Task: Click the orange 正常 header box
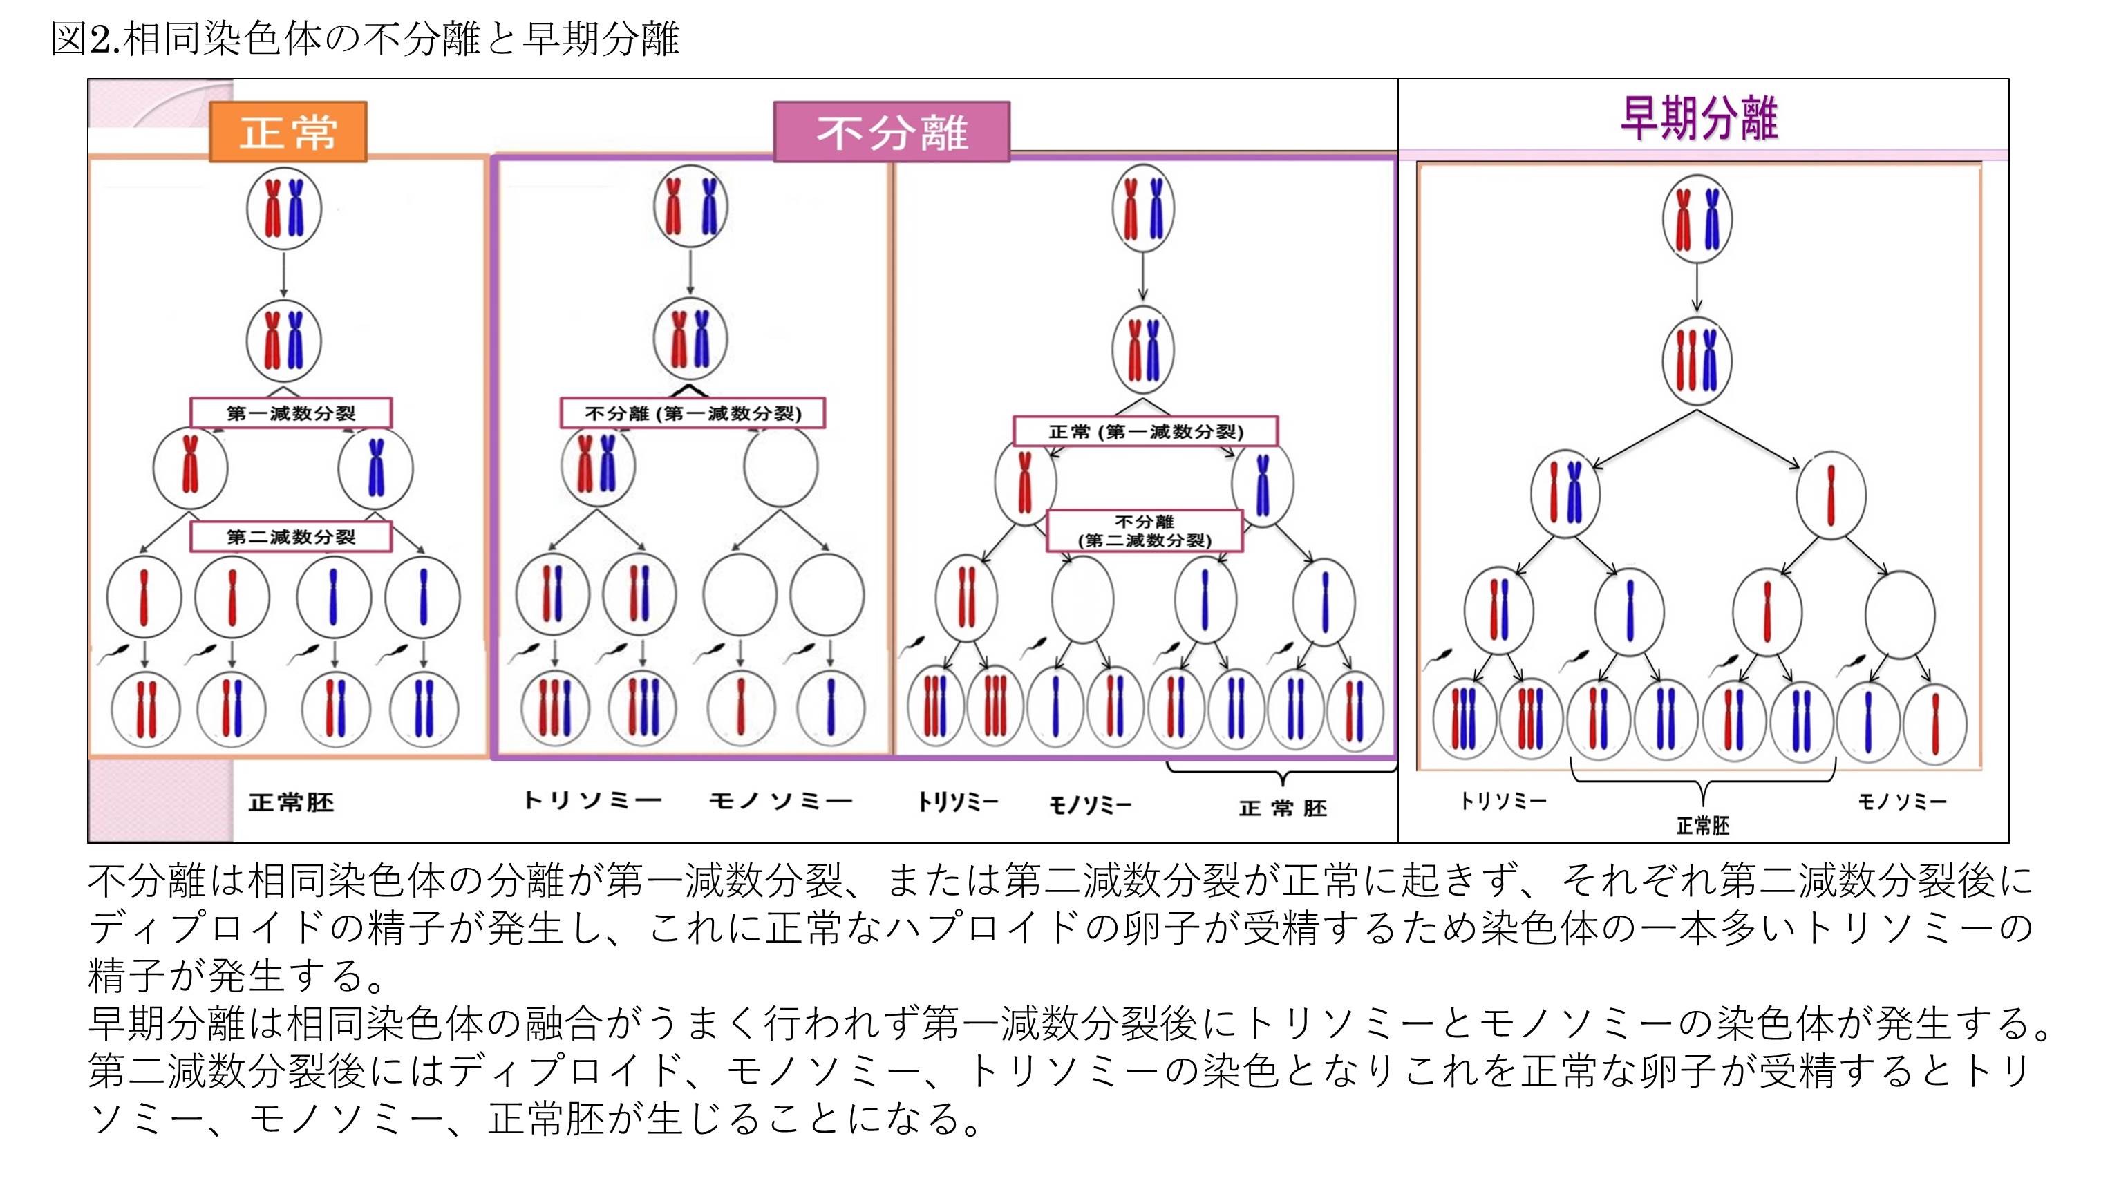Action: pos(288,131)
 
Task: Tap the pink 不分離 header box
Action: pos(892,131)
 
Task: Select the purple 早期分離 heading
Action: pos(1699,120)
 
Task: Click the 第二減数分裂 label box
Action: pos(290,536)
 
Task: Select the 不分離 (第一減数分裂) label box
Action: pos(693,413)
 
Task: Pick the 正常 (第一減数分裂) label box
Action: pos(1145,431)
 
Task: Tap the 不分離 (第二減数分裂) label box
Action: pos(1145,531)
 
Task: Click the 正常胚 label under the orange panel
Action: pos(291,802)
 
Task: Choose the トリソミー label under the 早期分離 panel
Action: pos(1503,800)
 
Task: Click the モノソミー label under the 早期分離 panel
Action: pos(1903,800)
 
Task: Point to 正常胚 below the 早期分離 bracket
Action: pos(1703,825)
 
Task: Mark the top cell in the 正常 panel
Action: pos(284,208)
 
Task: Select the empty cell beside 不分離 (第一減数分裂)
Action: pos(781,466)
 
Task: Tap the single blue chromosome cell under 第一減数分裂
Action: pos(376,467)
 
